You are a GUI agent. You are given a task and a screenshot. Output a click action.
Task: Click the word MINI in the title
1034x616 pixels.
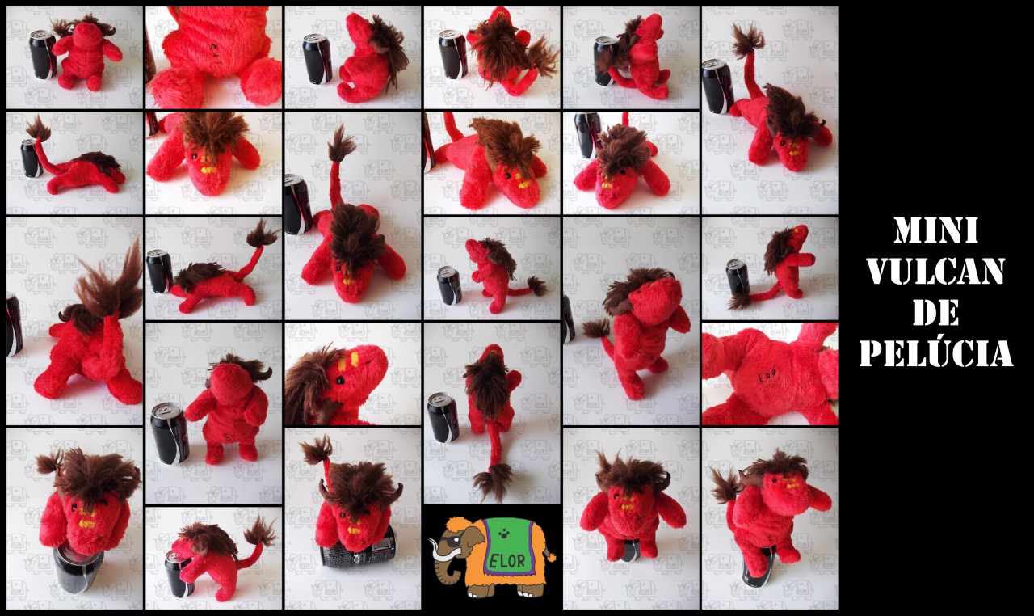[x=935, y=231]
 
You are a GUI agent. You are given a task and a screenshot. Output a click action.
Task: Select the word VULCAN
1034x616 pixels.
[x=935, y=272]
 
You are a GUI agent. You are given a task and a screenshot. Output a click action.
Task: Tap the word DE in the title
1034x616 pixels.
[x=935, y=313]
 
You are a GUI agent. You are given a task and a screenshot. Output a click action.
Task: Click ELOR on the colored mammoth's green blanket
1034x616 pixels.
[x=506, y=561]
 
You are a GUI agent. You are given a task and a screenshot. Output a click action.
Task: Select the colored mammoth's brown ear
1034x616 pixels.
[x=476, y=541]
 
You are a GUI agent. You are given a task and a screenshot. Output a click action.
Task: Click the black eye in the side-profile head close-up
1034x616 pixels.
[x=340, y=379]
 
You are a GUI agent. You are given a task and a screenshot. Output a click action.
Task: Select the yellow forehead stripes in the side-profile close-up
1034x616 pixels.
[x=355, y=359]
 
